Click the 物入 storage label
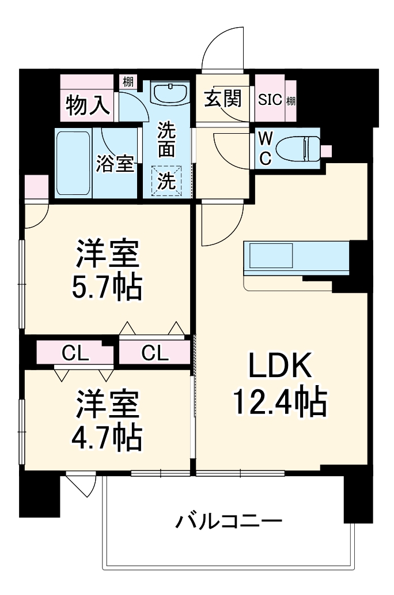coord(88,105)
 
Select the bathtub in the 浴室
coord(73,163)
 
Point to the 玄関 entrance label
coord(222,100)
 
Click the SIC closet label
coord(270,100)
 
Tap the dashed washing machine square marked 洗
coord(166,181)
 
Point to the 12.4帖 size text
coord(280,402)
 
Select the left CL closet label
coord(76,352)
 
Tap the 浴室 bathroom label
coord(115,164)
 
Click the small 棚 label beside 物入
coord(127,82)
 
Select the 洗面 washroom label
coord(166,140)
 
